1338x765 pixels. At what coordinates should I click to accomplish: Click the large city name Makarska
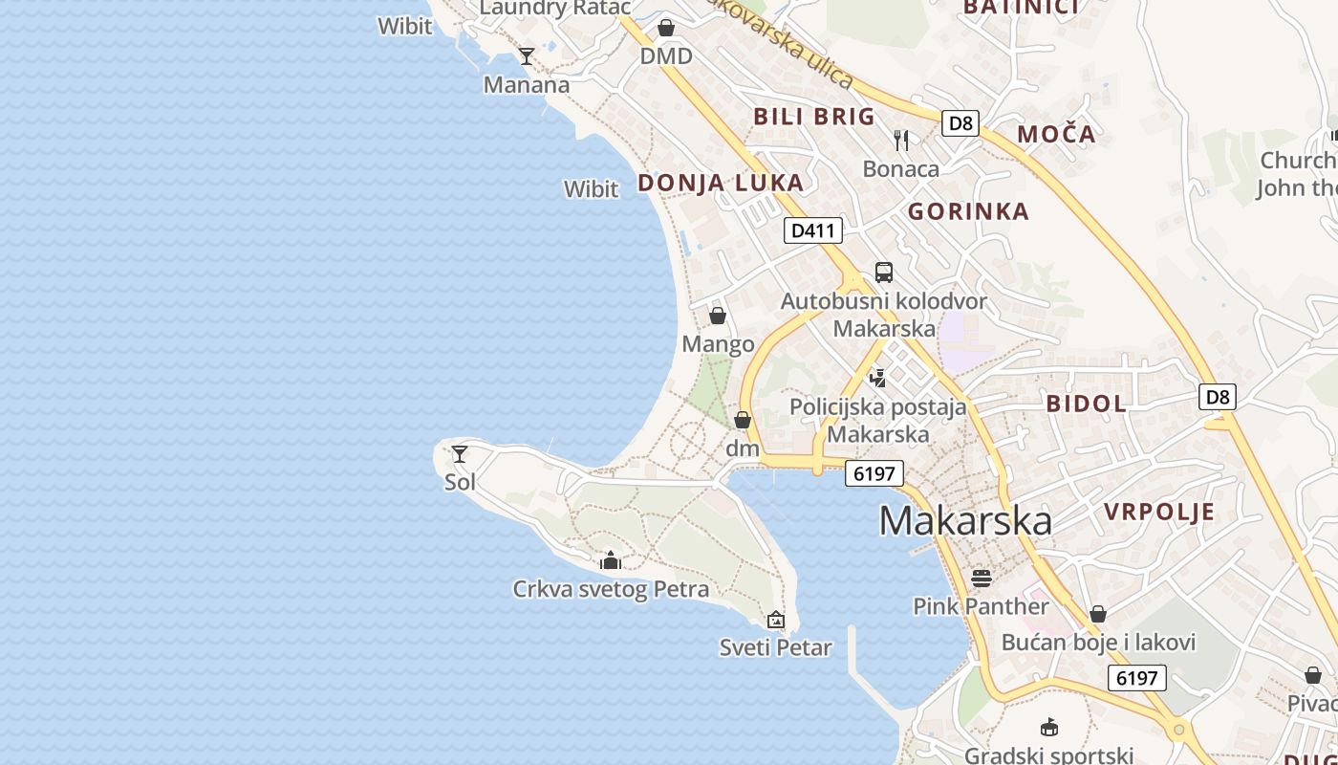[x=965, y=521]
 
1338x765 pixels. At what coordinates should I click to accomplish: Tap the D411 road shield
[x=813, y=230]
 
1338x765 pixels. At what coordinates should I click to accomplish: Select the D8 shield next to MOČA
[x=960, y=123]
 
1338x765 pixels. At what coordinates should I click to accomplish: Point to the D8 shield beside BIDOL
[x=1218, y=397]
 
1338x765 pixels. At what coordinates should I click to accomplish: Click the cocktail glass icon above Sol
[x=460, y=454]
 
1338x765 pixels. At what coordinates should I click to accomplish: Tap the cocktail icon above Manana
[x=526, y=56]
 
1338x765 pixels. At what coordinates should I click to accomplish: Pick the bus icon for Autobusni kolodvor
[x=884, y=273]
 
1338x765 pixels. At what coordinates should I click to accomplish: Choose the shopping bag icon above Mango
[x=718, y=316]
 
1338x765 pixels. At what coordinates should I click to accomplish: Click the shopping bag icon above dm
[x=743, y=420]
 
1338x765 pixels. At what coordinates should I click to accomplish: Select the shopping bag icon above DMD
[x=666, y=28]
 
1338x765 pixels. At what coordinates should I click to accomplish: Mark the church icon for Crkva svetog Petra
[x=611, y=560]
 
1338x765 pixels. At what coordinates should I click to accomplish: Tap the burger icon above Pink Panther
[x=981, y=578]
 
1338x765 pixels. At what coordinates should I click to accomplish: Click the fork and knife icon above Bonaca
[x=901, y=141]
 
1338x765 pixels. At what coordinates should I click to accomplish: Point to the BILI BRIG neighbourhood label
[x=814, y=117]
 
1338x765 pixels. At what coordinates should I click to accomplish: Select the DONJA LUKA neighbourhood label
[x=721, y=183]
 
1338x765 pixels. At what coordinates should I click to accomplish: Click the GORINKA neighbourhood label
[x=968, y=211]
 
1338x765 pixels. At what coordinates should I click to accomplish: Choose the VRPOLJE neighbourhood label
[x=1159, y=512]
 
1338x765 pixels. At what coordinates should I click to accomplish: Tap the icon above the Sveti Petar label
[x=776, y=620]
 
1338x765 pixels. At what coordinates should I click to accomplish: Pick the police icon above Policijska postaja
[x=877, y=378]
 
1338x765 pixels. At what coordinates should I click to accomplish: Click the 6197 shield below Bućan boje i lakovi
[x=1137, y=679]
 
